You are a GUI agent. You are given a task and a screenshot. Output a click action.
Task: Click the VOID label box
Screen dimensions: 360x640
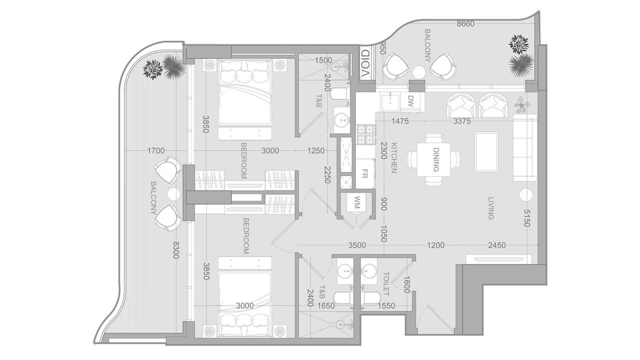pos(366,63)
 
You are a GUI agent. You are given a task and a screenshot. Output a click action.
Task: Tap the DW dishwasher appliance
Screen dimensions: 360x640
pos(411,101)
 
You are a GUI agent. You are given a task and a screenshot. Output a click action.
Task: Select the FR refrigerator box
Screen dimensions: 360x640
pos(365,174)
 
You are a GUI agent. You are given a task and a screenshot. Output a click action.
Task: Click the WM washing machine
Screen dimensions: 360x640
pos(357,202)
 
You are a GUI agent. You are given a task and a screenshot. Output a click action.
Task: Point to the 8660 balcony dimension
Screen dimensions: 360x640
pos(465,24)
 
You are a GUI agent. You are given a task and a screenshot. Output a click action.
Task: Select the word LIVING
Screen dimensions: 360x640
pos(491,208)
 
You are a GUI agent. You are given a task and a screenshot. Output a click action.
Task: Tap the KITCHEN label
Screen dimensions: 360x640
pos(394,158)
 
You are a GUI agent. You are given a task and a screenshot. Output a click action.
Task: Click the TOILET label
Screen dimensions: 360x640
pos(386,284)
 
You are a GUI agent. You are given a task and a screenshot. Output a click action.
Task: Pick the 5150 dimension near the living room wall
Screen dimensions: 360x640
pos(526,218)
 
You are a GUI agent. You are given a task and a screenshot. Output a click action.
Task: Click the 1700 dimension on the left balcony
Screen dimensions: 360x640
pos(156,151)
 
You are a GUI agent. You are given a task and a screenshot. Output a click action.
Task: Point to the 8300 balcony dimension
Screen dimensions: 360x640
pos(176,250)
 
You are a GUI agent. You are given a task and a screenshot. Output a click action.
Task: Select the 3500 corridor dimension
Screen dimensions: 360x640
pos(357,246)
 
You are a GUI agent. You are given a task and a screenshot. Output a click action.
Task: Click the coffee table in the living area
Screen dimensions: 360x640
pos(487,152)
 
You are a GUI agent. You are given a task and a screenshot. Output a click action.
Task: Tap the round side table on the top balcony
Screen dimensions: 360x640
pos(419,72)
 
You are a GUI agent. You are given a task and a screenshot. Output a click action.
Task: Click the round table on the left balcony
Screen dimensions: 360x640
pos(173,194)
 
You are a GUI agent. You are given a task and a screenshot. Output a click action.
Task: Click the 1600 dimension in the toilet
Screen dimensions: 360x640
pos(406,284)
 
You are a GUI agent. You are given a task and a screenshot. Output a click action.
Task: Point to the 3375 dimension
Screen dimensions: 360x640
pos(462,121)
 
